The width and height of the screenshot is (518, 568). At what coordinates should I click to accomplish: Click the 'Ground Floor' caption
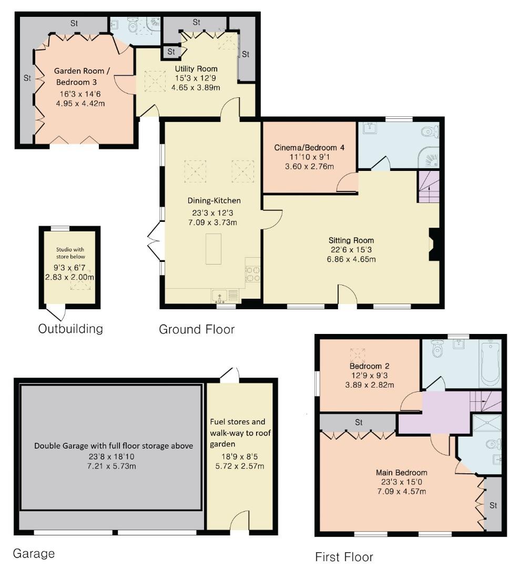tap(197, 330)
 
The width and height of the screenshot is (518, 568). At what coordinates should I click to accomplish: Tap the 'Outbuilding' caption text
tap(70, 329)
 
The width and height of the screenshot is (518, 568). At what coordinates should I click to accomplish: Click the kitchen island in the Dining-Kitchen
tap(214, 249)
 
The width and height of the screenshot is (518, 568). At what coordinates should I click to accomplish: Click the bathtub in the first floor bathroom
tap(489, 362)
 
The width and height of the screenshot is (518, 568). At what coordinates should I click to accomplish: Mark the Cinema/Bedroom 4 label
tap(309, 148)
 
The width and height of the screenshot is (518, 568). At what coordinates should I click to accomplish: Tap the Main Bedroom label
tap(401, 472)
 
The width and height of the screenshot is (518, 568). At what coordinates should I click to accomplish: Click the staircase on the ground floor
tap(428, 186)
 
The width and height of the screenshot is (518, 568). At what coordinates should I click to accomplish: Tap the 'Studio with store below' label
tap(70, 253)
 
